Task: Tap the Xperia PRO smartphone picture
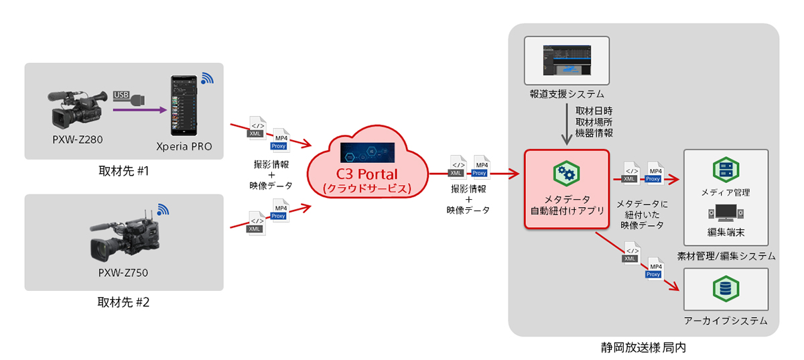point(185,103)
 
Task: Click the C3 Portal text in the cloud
point(366,175)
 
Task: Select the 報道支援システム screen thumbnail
point(567,59)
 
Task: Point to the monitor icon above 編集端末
point(725,214)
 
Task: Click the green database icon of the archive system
point(725,288)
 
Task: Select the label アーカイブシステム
point(725,320)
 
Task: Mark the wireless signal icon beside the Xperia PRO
point(207,78)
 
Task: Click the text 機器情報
point(594,133)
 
